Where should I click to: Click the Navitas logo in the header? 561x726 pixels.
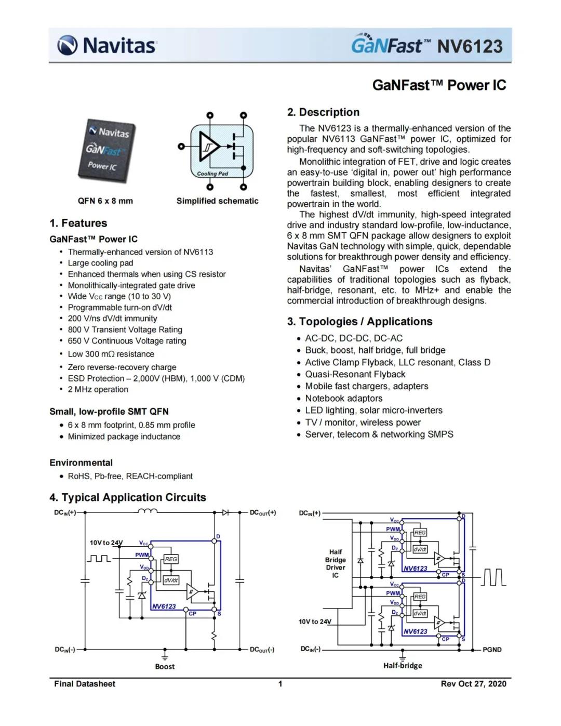106,45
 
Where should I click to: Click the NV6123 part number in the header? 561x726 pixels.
470,46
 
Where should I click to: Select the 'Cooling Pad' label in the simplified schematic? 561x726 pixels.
212,174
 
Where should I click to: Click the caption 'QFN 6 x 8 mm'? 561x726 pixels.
105,201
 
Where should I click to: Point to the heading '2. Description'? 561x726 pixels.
323,112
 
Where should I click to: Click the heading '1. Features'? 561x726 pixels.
78,223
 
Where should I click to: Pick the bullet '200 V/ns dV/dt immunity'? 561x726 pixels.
112,319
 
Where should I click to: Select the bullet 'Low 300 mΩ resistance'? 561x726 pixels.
111,354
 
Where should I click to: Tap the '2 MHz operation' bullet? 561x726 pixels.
98,389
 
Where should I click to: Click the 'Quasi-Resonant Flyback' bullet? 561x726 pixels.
355,374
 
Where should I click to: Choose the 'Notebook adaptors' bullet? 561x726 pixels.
343,399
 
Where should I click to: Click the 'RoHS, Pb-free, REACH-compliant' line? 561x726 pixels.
130,476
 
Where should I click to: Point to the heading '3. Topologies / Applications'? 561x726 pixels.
359,322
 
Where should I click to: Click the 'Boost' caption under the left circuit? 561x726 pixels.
165,666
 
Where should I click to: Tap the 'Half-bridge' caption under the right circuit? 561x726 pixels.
403,666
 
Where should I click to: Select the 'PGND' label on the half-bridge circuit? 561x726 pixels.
492,650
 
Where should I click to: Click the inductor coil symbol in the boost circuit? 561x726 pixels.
147,511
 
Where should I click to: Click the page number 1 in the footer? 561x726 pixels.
280,684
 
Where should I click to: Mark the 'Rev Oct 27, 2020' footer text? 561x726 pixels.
473,684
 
